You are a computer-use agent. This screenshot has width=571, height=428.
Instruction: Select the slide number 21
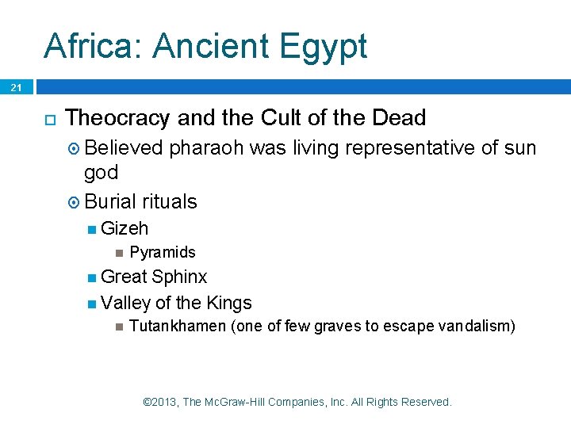click(17, 88)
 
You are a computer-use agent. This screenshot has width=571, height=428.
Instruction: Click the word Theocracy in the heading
click(118, 118)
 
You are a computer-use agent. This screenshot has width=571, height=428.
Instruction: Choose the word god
click(101, 172)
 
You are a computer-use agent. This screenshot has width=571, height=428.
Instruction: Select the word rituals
click(170, 201)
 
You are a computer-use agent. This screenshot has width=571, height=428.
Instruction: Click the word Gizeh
click(125, 228)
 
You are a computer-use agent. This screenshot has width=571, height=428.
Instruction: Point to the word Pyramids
click(162, 252)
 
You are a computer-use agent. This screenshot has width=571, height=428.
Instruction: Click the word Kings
click(228, 303)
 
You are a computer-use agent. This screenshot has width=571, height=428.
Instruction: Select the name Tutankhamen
click(177, 327)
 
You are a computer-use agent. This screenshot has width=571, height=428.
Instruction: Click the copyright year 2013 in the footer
click(163, 402)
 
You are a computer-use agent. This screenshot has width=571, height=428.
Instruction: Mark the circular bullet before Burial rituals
click(75, 202)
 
